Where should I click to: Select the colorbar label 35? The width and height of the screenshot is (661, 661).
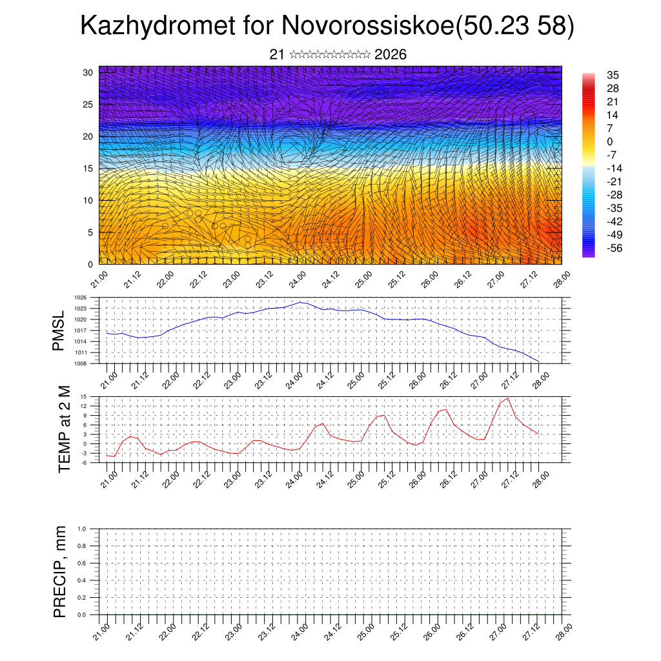613,76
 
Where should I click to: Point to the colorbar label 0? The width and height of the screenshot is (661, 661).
610,141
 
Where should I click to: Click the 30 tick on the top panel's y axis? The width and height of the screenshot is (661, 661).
88,72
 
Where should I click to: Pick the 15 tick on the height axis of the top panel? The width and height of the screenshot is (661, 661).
88,168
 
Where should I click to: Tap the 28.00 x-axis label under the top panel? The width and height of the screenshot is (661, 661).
561,282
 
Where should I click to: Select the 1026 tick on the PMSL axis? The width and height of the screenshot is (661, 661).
81,298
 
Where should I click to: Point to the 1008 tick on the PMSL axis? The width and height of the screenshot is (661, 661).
81,363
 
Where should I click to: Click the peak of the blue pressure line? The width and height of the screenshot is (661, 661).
300,302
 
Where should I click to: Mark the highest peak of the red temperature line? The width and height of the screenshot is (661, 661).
508,398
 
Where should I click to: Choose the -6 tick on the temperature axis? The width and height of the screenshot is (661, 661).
84,463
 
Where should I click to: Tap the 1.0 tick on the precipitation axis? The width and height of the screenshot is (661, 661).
82,529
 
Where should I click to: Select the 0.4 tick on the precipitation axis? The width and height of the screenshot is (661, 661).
82,580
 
